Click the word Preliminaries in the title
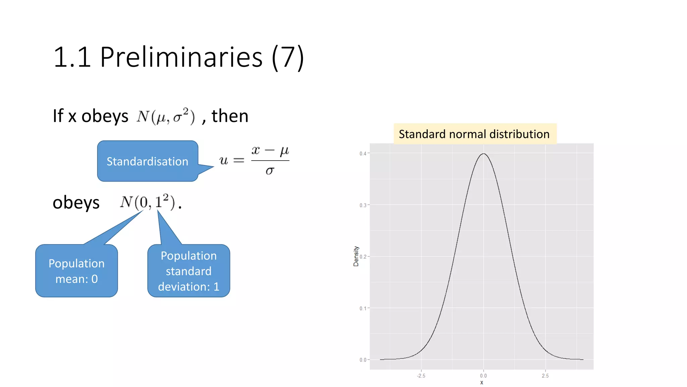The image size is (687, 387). pos(181,57)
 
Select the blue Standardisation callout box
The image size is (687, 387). pos(148,161)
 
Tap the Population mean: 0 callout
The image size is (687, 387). pos(76,271)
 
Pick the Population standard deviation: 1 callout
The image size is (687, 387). pos(189,271)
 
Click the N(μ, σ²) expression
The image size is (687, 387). pos(165,116)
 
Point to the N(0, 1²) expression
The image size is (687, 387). pos(148,202)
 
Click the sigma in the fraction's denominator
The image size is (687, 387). pos(270,171)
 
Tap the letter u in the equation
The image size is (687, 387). pos(224,160)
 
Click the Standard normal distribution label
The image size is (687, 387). pos(474,134)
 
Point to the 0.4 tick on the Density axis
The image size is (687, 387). pos(363,154)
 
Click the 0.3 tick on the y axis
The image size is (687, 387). pos(363,205)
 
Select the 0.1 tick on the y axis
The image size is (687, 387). pos(363,308)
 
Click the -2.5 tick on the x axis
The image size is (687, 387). pos(421,376)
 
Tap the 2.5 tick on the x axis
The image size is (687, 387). pos(545,376)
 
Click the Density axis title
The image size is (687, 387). pos(356,256)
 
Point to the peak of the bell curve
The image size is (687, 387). pos(483,154)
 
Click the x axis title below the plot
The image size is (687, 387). pos(482,383)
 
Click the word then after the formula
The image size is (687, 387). pos(230,116)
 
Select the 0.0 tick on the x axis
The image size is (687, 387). pos(483,376)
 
